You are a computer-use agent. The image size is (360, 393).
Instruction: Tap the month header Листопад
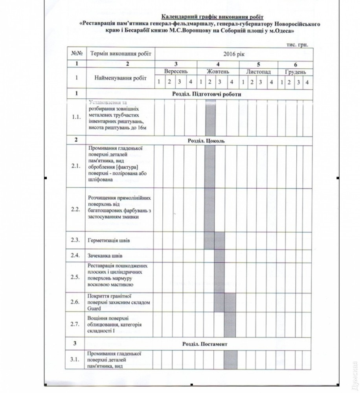pos(258,72)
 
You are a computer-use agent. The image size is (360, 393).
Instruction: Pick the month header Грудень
pos(296,72)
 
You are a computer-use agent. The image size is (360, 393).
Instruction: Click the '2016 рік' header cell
pos(233,54)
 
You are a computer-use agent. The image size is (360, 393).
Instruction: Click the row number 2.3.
pos(76,240)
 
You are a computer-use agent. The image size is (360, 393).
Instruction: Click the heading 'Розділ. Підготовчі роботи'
pos(207,94)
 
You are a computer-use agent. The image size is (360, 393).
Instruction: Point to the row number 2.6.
pos(76,302)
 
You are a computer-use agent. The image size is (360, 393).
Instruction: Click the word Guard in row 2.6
pos(94,309)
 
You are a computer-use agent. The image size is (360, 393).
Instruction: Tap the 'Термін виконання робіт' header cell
pos(119,54)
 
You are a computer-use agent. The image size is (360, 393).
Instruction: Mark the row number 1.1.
pos(76,117)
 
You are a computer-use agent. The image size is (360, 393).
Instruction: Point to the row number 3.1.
pos(76,359)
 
